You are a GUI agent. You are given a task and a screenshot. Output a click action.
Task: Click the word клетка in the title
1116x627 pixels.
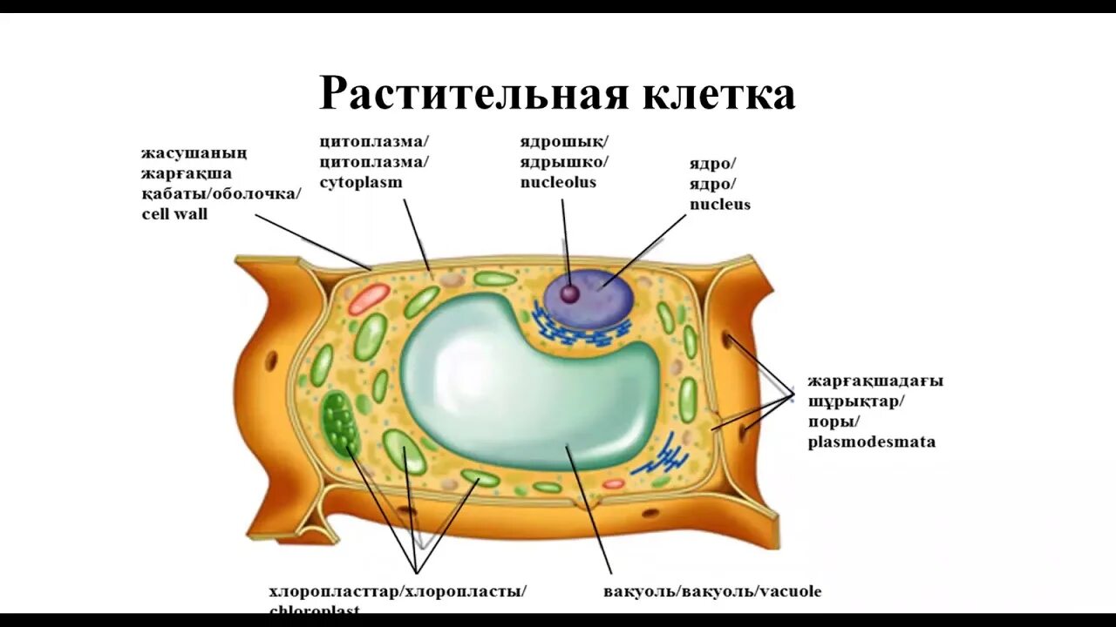point(718,93)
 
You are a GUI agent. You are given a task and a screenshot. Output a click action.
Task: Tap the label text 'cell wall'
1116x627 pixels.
point(174,213)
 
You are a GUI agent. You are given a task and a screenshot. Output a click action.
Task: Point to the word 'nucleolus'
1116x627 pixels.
point(558,182)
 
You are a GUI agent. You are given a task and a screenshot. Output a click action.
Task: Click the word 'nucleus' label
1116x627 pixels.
point(719,205)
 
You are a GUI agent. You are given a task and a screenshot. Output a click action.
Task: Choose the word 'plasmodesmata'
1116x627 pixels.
point(871,442)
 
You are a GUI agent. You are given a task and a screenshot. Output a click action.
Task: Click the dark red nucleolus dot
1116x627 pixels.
point(569,293)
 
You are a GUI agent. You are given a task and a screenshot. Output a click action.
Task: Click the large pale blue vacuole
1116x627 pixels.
point(523,383)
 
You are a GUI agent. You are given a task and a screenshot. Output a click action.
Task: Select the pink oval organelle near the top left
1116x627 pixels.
point(369,299)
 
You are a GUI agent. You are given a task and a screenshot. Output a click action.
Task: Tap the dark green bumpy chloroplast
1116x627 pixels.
point(339,423)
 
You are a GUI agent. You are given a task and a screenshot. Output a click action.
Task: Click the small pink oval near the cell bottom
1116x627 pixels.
point(613,483)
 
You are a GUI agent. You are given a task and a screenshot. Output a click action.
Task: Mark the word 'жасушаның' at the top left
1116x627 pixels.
point(194,153)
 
